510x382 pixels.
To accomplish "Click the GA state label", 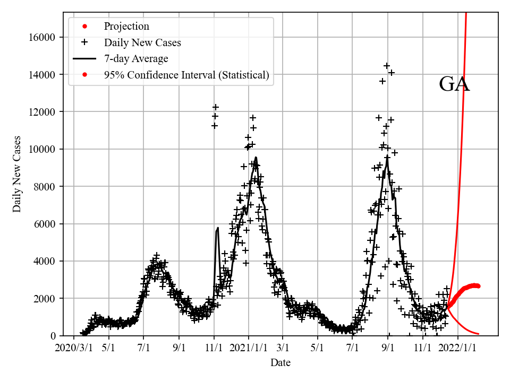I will (454, 84).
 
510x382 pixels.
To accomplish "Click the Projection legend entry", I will (126, 27).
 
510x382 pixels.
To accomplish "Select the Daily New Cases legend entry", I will (142, 42).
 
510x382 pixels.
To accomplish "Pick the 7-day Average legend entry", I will (136, 59).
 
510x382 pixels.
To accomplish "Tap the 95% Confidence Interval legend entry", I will (186, 75).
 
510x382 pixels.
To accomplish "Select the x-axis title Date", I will (280, 363).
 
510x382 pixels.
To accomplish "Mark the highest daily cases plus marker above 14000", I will (387, 66).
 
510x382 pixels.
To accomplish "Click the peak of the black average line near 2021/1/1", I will (256, 157).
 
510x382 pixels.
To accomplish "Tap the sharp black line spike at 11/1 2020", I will (218, 228).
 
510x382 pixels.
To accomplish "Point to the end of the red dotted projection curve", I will (478, 286).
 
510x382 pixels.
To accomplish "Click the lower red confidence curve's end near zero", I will (479, 334).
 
